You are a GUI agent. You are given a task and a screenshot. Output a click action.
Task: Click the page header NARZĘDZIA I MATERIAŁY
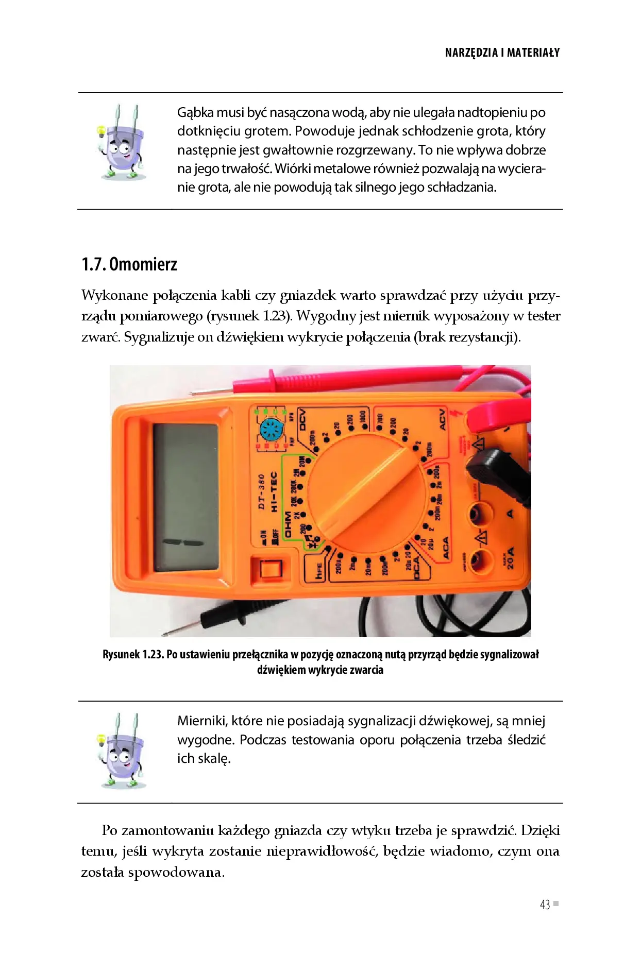click(502, 53)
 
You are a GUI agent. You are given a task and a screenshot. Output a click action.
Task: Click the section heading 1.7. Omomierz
click(129, 264)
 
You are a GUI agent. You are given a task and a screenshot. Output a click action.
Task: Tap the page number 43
click(545, 905)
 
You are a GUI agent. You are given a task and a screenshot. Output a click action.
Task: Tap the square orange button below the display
click(269, 569)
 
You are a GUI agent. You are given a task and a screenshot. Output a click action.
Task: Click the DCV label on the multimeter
click(302, 419)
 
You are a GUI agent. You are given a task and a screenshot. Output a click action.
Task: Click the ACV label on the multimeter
click(442, 419)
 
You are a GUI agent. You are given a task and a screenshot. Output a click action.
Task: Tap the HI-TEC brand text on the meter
click(274, 491)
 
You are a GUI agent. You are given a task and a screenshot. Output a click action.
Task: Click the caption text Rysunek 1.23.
click(133, 654)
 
